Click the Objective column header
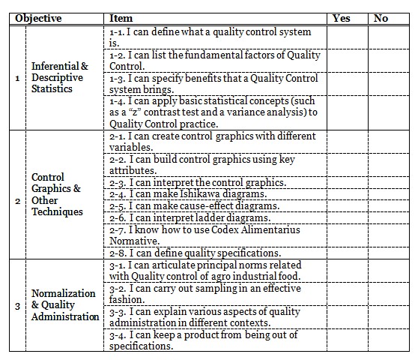tap(38, 19)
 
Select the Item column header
tap(121, 18)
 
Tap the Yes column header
tap(342, 18)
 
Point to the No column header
tap(381, 18)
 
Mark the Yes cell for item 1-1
tap(348, 37)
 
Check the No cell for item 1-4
tap(389, 113)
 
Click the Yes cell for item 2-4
tap(348, 194)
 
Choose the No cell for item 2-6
tap(389, 217)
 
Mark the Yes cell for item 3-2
tap(348, 294)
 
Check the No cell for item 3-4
tap(389, 340)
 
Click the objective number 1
tap(17, 78)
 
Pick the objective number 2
tap(17, 201)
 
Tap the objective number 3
tap(17, 306)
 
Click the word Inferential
tap(55, 66)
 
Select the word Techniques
tap(57, 212)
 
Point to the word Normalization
tap(63, 293)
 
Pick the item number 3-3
tap(118, 312)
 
